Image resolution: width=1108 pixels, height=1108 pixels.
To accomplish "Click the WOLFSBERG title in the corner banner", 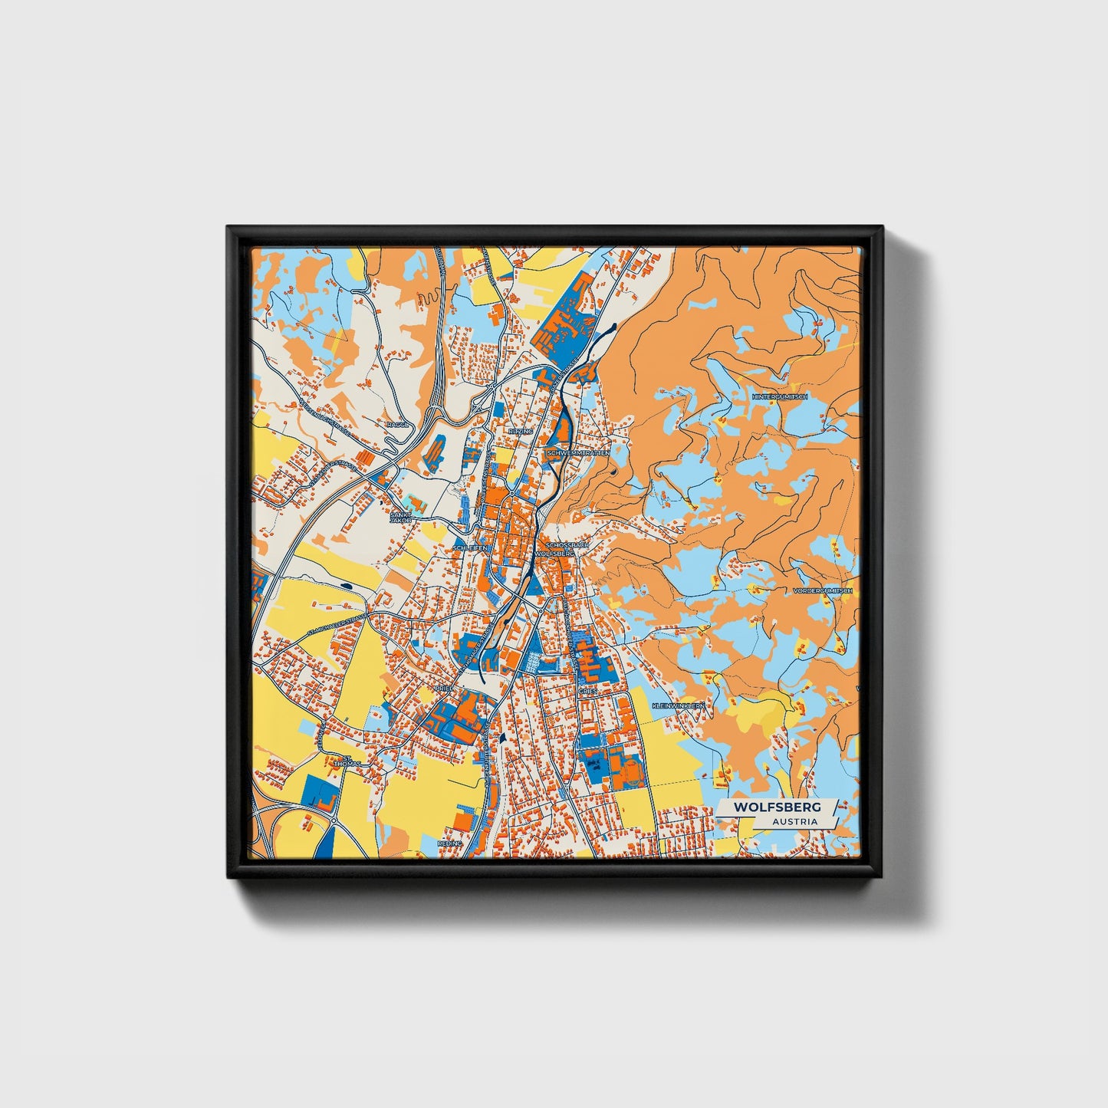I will coord(777,807).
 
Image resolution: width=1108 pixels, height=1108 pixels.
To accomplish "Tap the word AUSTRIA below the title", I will coord(794,821).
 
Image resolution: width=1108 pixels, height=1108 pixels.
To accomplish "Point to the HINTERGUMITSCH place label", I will coord(781,396).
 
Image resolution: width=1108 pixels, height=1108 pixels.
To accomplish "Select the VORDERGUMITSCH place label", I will coord(823,591).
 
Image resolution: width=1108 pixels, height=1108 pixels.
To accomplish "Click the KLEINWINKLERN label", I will coord(678,705).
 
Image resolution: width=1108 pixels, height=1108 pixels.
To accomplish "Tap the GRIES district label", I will coord(587,691).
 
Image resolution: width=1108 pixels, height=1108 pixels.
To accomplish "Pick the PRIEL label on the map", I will coord(444,689).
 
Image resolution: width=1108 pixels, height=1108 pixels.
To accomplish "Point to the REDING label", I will coord(450,843).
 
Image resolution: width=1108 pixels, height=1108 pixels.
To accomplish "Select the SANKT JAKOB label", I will coord(401,518).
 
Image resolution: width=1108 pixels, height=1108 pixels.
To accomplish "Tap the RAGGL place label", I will coord(399,424).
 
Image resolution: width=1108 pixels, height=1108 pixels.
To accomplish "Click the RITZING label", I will coord(520,432).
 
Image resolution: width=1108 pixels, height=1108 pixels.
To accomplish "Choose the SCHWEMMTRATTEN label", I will coord(579,453).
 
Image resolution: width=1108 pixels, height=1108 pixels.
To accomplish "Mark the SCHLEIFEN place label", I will coord(470,548).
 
